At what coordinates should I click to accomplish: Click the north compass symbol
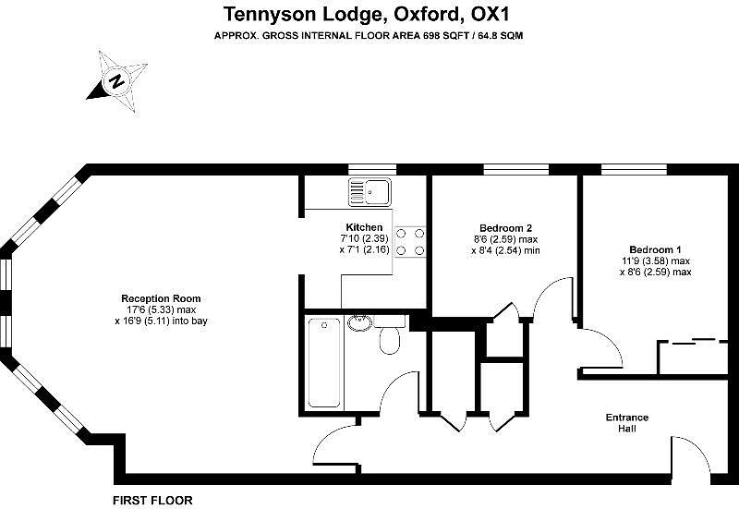tap(116, 81)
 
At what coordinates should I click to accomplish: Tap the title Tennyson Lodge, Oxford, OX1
tap(369, 14)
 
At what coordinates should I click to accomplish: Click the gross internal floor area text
tap(369, 35)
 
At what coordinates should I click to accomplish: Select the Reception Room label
tap(161, 298)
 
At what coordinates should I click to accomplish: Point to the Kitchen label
tap(364, 227)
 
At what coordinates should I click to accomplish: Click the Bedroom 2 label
tap(505, 227)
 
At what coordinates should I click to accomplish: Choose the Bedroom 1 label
tap(655, 249)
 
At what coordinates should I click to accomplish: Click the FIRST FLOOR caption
tap(152, 500)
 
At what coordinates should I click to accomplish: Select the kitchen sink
tap(369, 192)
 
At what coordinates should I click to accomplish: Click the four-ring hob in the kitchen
tap(410, 241)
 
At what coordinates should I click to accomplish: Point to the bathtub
tap(323, 362)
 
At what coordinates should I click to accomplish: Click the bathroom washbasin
tap(359, 323)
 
